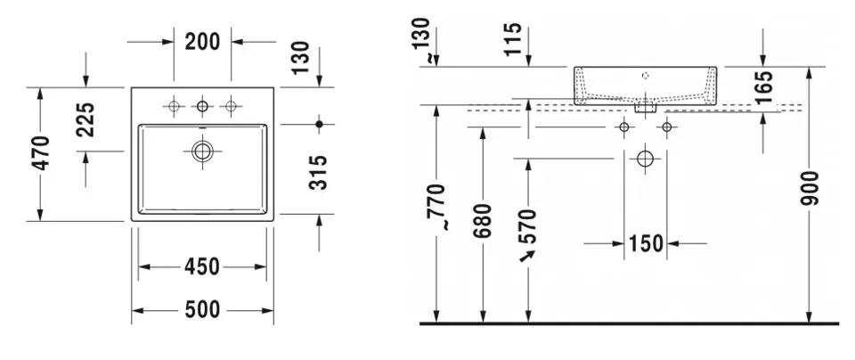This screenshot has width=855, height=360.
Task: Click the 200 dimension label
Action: tap(202, 42)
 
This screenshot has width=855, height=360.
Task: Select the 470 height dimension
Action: tap(42, 153)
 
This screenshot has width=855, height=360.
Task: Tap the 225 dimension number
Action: tap(85, 119)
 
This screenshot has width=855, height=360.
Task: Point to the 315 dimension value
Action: tap(318, 172)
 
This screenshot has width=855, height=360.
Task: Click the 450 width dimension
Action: tap(202, 266)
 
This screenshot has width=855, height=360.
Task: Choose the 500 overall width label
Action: tap(202, 310)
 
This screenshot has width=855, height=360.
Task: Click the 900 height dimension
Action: tap(810, 188)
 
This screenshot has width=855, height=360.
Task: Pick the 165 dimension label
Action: tap(764, 86)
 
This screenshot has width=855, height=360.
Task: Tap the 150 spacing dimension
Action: tap(646, 243)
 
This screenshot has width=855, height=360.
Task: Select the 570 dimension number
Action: tap(527, 227)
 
